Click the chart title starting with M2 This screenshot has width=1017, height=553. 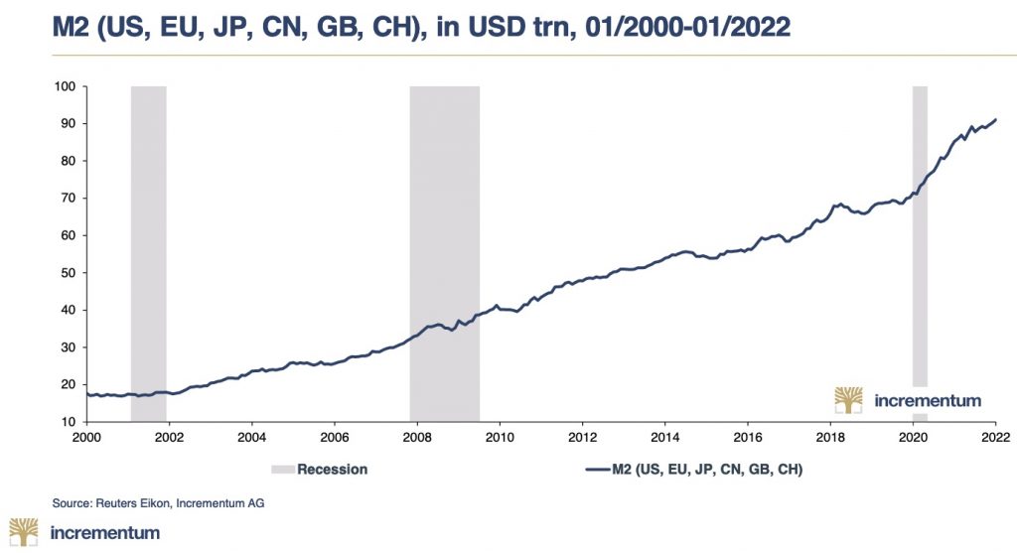point(422,27)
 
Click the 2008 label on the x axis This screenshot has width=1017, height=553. point(417,437)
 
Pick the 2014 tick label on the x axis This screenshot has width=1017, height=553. point(665,437)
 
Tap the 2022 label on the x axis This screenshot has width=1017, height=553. point(996,437)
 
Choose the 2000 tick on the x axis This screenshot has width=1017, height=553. point(87,437)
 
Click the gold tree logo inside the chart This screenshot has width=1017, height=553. point(848,400)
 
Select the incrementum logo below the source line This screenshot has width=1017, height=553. point(84,533)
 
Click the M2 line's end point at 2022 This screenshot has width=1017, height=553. point(996,120)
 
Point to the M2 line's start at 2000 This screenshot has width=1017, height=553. point(87,394)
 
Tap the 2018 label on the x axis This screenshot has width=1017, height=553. point(831,437)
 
